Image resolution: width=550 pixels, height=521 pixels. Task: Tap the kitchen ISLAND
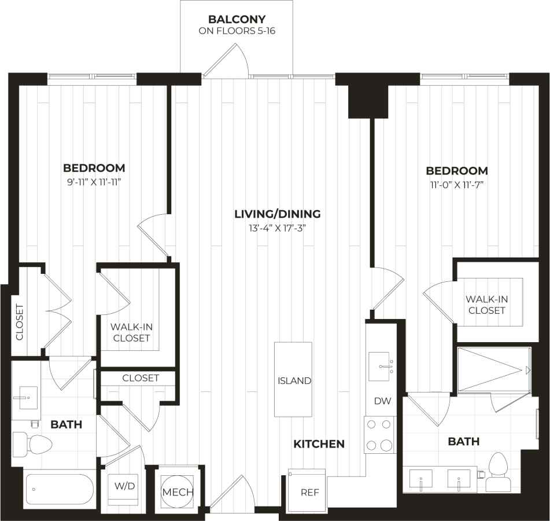(293, 379)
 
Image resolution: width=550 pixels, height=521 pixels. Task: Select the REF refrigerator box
(307, 491)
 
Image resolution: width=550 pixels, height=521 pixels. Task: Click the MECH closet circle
(177, 491)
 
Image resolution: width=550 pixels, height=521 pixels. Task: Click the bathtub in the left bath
(59, 489)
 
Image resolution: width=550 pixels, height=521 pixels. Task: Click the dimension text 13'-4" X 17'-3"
(277, 228)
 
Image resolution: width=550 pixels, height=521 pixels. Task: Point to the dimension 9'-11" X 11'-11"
(94, 182)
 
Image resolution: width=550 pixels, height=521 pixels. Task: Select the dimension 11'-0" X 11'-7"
(456, 185)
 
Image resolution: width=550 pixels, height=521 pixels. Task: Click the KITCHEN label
(319, 444)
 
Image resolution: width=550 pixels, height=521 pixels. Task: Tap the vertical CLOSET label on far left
(19, 322)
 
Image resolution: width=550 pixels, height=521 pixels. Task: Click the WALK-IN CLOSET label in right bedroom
(486, 304)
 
